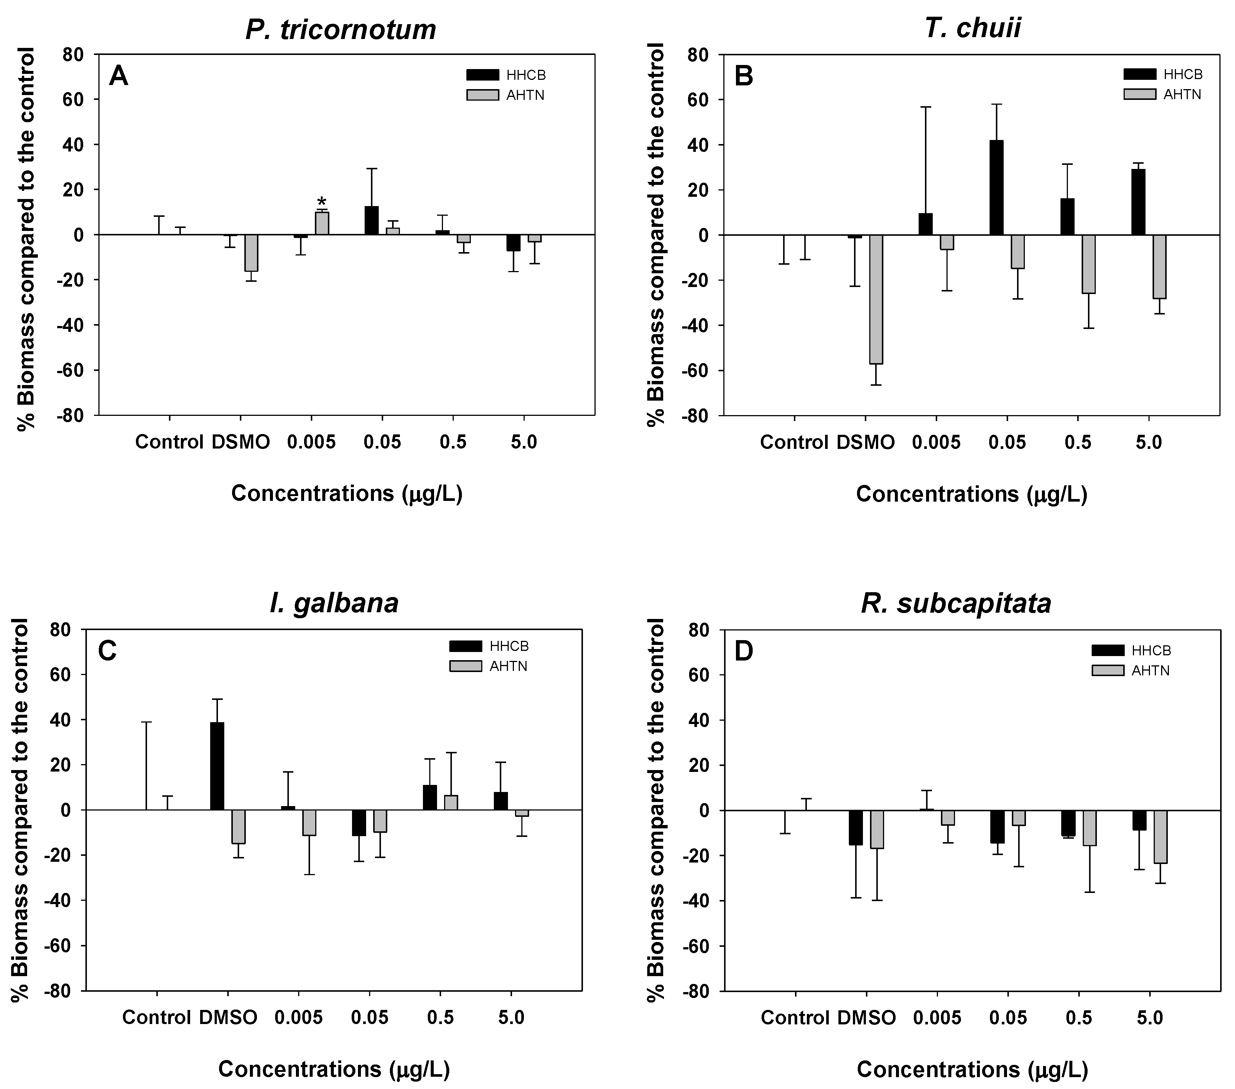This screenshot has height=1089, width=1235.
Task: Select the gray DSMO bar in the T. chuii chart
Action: (876, 299)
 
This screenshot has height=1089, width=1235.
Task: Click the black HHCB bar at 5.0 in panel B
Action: (1138, 202)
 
